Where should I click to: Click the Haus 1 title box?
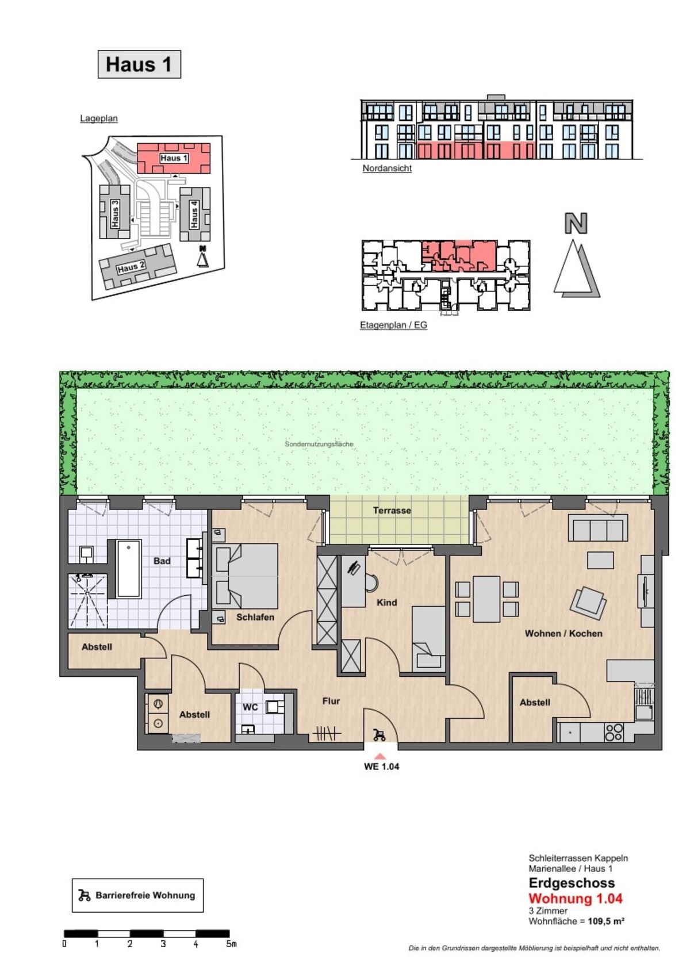pyautogui.click(x=139, y=64)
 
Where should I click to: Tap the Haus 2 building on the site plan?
pyautogui.click(x=138, y=266)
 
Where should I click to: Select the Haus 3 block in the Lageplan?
pyautogui.click(x=115, y=212)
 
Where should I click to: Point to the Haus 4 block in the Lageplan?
pyautogui.click(x=195, y=214)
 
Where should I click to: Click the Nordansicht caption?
pyautogui.click(x=387, y=168)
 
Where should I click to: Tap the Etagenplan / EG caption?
pyautogui.click(x=393, y=325)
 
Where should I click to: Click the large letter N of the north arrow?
pyautogui.click(x=576, y=223)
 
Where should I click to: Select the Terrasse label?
pyautogui.click(x=392, y=510)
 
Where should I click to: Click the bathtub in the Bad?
pyautogui.click(x=129, y=569)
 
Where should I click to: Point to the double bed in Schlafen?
pyautogui.click(x=247, y=576)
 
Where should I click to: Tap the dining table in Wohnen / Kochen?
pyautogui.click(x=486, y=599)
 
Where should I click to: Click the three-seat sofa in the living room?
pyautogui.click(x=597, y=527)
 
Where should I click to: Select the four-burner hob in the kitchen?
pyautogui.click(x=614, y=732)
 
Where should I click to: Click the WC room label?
pyautogui.click(x=250, y=707)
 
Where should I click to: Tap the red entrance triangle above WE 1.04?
pyautogui.click(x=380, y=756)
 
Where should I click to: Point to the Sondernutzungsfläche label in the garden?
pyautogui.click(x=319, y=444)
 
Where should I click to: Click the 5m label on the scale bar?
pyautogui.click(x=231, y=944)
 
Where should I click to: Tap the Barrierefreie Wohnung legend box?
pyautogui.click(x=137, y=895)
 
